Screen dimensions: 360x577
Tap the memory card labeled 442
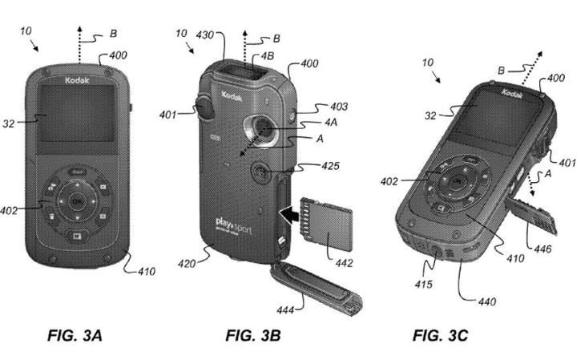[x=329, y=227]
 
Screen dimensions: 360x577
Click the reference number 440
[x=483, y=302]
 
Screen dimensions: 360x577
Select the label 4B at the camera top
[x=264, y=57]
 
